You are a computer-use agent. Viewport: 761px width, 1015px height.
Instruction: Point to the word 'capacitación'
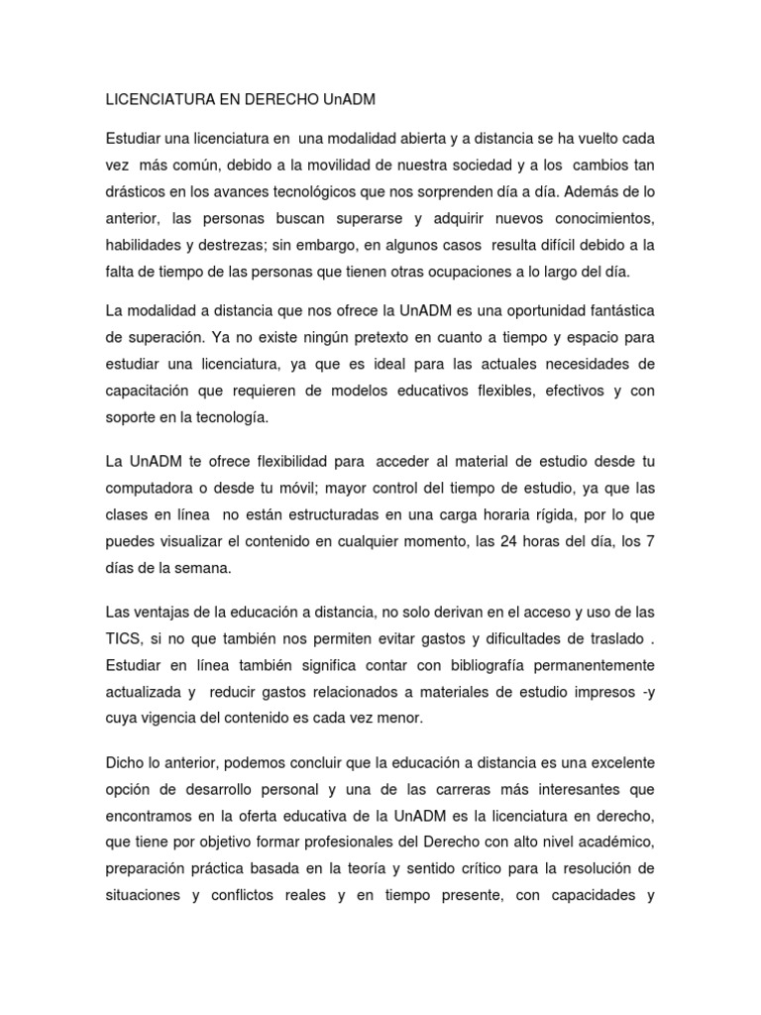click(150, 391)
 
